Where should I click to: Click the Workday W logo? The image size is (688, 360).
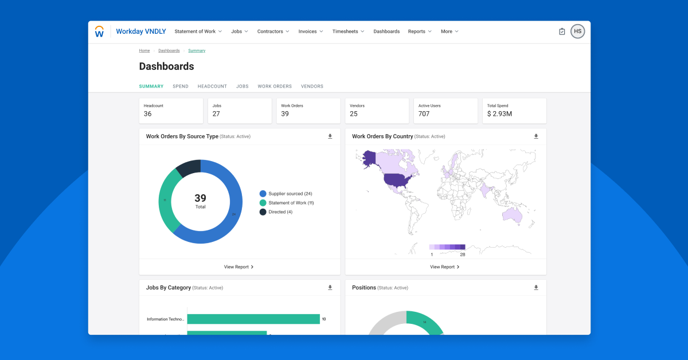point(99,32)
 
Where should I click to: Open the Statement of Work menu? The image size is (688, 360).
point(198,32)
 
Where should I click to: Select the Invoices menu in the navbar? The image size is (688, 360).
point(311,32)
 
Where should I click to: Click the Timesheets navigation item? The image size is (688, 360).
point(348,32)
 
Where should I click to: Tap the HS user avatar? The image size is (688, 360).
point(577,32)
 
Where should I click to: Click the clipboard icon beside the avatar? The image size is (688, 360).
point(562,32)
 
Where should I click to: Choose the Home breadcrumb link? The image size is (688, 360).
point(144,50)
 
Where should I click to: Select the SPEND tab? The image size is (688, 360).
point(181,87)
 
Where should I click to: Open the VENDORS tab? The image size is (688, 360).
point(312,87)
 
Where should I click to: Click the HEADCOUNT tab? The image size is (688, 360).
point(212,87)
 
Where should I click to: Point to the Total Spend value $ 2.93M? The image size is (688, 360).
point(499,114)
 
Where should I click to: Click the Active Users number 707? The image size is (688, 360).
point(424,114)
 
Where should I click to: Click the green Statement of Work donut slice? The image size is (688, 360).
point(166,201)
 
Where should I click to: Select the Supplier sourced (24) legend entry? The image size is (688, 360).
point(287,194)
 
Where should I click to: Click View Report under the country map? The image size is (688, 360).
point(445,267)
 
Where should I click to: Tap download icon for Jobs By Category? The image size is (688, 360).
point(330,288)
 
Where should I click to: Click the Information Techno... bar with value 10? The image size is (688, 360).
point(253,319)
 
